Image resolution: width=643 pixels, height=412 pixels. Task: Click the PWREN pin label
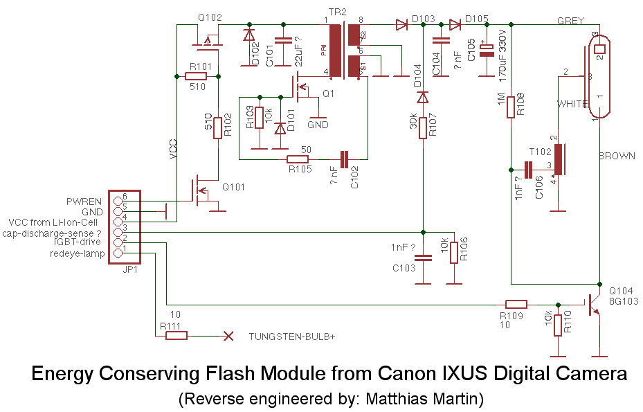pos(84,201)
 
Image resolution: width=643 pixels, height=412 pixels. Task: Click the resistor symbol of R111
pos(176,337)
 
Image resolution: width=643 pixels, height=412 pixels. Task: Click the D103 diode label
pos(423,18)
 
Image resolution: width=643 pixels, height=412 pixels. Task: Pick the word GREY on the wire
pos(572,21)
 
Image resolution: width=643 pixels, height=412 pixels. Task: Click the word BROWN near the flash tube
pos(617,156)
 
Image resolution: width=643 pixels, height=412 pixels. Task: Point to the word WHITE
pos(574,103)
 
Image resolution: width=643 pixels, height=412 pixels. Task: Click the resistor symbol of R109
pos(516,304)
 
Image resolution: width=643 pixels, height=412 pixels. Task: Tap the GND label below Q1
pos(318,125)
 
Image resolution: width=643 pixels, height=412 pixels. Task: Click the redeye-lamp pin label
pos(77,253)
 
